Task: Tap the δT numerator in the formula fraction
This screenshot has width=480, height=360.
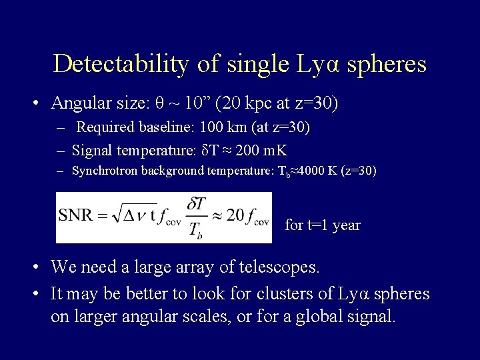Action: coord(197,205)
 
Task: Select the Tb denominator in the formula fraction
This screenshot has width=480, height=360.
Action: coord(197,229)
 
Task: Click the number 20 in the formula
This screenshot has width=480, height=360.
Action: coord(235,216)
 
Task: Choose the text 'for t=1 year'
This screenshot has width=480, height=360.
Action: coord(323,225)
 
